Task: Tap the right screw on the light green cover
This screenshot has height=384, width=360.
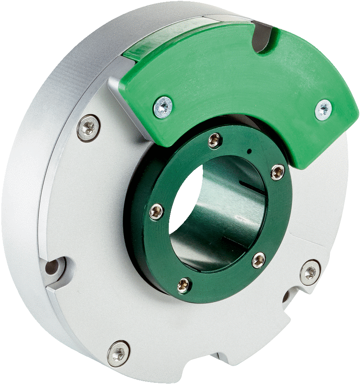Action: click(324, 109)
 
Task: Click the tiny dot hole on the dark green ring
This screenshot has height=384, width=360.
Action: click(249, 151)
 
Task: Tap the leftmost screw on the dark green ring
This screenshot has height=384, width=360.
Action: click(156, 212)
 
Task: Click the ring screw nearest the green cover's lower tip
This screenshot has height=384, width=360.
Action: click(277, 172)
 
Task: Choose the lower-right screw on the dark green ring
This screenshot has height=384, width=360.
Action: click(258, 260)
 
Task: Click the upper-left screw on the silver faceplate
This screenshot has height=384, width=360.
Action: click(88, 128)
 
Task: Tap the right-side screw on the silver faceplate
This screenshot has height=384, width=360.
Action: click(310, 272)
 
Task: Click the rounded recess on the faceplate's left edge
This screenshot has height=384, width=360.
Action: click(54, 270)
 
